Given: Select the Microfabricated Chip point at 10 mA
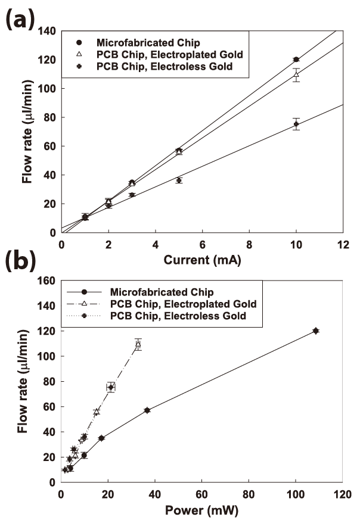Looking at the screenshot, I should click(296, 60).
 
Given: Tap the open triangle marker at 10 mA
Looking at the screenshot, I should click(296, 74).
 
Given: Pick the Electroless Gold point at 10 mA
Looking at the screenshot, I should click(296, 124).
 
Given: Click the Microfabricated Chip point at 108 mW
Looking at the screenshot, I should click(316, 331).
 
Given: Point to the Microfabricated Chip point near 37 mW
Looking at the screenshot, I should click(147, 410).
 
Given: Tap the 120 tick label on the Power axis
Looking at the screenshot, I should click(342, 494).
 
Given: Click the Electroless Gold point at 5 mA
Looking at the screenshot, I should click(179, 180).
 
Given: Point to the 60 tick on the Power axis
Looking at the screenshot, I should click(201, 494).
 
